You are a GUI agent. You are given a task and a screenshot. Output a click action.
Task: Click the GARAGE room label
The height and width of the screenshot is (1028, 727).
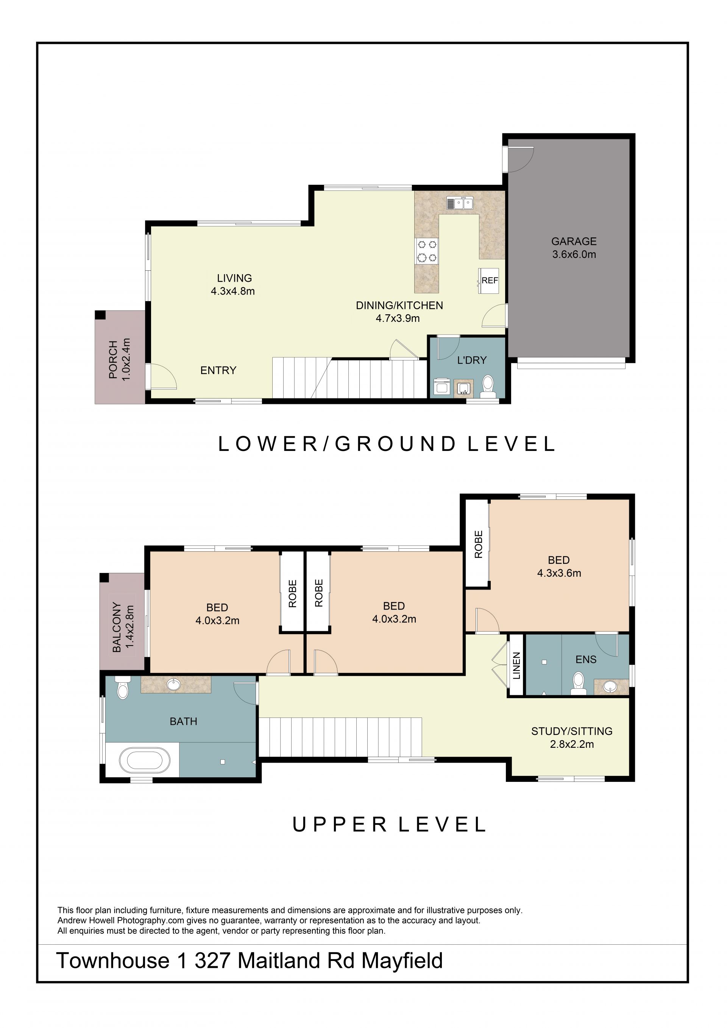point(574,241)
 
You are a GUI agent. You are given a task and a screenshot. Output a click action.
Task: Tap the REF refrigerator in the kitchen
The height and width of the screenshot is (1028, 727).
point(489,281)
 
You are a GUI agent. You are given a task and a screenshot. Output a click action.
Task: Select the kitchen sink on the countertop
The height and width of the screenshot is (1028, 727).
point(460,203)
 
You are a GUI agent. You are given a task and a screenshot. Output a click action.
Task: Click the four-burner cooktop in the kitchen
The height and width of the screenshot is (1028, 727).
point(427,251)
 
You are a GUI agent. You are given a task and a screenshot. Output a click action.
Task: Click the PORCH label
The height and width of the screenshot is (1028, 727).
point(113,360)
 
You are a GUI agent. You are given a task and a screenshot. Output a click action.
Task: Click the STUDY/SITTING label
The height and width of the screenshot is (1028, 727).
point(572,731)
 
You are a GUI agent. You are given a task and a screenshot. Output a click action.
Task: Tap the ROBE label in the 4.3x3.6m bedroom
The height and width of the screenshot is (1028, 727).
point(478,544)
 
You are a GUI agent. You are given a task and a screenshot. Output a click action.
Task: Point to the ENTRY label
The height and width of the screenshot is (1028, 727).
point(218,370)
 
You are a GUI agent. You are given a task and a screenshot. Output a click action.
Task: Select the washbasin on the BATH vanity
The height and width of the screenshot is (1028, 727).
point(173,684)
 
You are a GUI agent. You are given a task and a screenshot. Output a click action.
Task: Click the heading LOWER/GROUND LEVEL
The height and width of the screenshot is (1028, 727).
point(387,444)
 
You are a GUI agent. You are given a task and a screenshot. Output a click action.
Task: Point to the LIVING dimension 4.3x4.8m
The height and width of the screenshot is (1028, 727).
point(233,291)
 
